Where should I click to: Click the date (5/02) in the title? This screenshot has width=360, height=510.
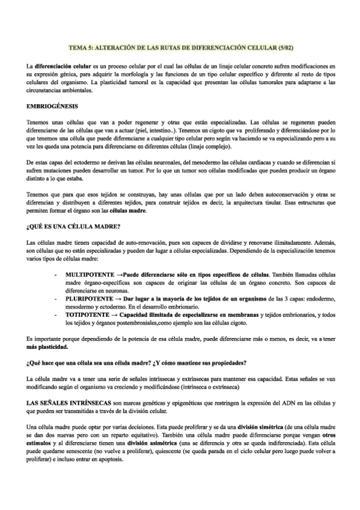pos(283,46)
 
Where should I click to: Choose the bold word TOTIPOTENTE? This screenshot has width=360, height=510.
pos(86,315)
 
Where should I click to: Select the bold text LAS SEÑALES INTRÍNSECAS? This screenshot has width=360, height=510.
pos(69,401)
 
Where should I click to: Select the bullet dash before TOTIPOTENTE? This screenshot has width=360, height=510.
pos(55,315)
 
